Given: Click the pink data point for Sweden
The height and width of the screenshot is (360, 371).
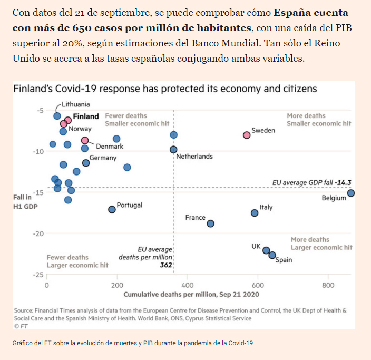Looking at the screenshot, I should tap(247, 135).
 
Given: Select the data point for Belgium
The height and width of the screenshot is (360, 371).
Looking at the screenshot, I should tap(351, 193).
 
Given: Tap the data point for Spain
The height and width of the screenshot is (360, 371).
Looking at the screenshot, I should tap(272, 255).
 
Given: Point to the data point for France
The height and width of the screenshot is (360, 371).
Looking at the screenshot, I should tap(211, 223).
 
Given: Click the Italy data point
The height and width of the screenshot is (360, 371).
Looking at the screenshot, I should tap(255, 213).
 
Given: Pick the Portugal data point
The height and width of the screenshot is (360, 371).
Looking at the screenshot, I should tap(112, 209).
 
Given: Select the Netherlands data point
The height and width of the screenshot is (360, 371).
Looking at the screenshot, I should tap(173, 150).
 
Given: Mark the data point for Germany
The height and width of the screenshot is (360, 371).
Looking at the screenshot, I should tap(86, 163).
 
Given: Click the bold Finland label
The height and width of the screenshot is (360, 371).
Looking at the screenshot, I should tap(86, 116).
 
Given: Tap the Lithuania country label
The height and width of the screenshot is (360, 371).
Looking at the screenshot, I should tap(75, 104).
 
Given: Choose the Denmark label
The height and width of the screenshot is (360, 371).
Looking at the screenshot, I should tap(110, 147).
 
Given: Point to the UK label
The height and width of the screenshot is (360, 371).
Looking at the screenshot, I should tap(257, 246).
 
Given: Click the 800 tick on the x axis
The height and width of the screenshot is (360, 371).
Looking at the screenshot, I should tap(328, 285).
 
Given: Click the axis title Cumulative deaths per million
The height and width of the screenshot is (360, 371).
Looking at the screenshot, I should tap(191, 294).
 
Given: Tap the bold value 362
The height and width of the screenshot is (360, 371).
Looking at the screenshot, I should tap(166, 265).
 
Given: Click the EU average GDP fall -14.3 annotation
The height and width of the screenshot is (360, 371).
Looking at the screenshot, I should tap(312, 182).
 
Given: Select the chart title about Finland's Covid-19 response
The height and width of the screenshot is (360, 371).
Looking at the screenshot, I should tap(165, 89).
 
